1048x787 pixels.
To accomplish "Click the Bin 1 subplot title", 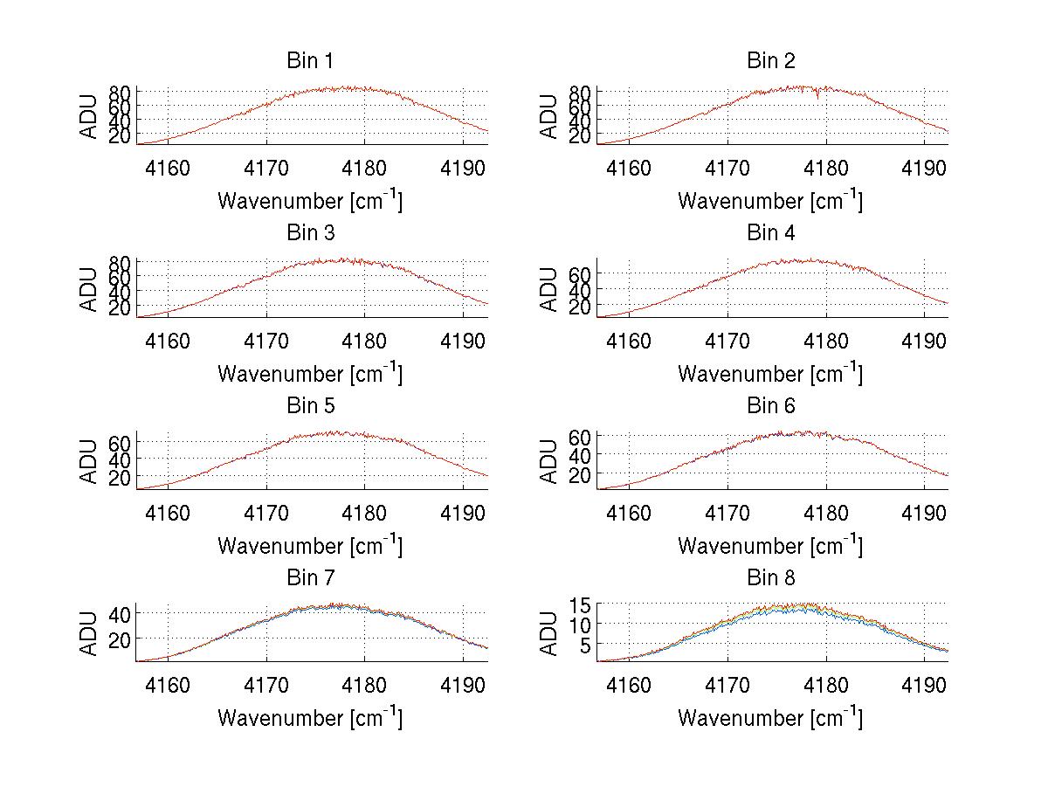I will click(310, 61).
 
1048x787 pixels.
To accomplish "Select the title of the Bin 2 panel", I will click(771, 61).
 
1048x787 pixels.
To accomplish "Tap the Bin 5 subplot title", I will click(310, 406).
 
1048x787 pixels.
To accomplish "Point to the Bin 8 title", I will click(771, 578).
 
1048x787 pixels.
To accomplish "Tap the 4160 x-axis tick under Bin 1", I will click(168, 168).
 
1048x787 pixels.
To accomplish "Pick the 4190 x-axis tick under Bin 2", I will click(925, 168).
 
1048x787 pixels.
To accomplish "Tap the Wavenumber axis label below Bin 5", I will click(310, 546).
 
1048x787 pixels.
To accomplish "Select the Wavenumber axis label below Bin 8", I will click(770, 718).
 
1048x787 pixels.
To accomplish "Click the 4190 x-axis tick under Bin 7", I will click(465, 684).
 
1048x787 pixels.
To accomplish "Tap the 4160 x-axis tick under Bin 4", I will click(628, 340).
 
